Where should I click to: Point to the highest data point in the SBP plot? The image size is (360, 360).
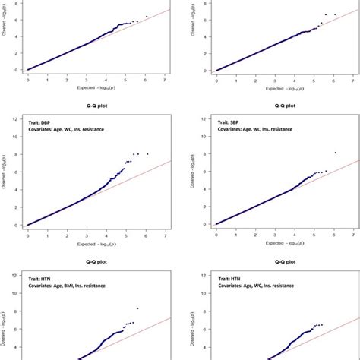pos(335,153)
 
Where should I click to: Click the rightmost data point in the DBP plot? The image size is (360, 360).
pos(147,154)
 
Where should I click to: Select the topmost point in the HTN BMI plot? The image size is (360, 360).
pos(137,308)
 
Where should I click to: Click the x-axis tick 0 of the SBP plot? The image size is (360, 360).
pos(216,233)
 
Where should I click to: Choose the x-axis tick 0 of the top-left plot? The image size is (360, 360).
pos(28,78)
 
